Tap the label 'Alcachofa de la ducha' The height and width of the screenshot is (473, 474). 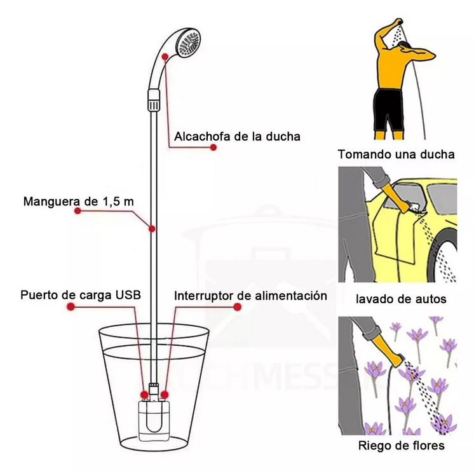pos(237,137)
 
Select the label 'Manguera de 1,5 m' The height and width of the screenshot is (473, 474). pos(79,202)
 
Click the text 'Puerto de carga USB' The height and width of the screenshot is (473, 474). pos(81,295)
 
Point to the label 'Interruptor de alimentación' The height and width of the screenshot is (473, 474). pos(250,296)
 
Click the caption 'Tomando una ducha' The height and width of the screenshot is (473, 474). pos(396,154)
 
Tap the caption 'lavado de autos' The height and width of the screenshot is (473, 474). pos(401,299)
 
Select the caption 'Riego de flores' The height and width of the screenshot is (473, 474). pos(402,446)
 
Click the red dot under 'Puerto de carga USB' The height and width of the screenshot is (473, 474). pos(71,307)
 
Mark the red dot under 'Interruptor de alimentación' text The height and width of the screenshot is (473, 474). pos(237,307)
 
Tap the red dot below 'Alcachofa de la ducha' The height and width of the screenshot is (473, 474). pos(213,147)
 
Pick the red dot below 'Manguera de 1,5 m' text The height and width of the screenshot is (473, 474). pos(78,211)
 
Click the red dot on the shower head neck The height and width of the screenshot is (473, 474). pos(165,57)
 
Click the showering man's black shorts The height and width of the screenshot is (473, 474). pos(388,111)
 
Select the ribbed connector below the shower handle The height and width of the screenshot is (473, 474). pos(154,100)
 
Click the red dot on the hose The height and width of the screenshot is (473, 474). pos(152,229)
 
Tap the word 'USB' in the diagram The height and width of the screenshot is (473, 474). pos(128,295)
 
